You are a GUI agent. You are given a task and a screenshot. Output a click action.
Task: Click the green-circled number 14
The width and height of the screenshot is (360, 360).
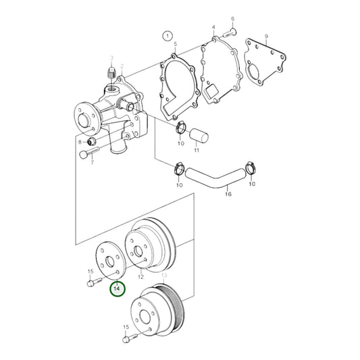(x=118, y=288)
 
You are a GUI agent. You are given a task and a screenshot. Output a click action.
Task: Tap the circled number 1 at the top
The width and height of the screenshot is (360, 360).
(x=166, y=35)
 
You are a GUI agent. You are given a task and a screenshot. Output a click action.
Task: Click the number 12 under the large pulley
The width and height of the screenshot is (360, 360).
(x=141, y=277)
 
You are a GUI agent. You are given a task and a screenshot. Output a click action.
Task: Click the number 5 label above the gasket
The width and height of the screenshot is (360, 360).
(x=174, y=45)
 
